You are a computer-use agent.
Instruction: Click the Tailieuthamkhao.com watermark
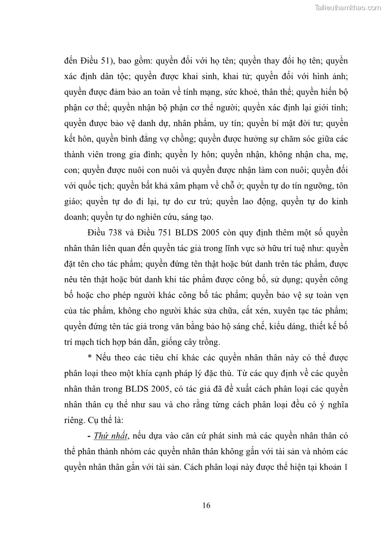coord(348,7)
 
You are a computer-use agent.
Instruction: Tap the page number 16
coord(207,505)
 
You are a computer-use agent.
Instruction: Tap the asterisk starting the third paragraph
coord(90,358)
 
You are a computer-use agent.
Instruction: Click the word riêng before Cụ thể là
coord(75,405)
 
